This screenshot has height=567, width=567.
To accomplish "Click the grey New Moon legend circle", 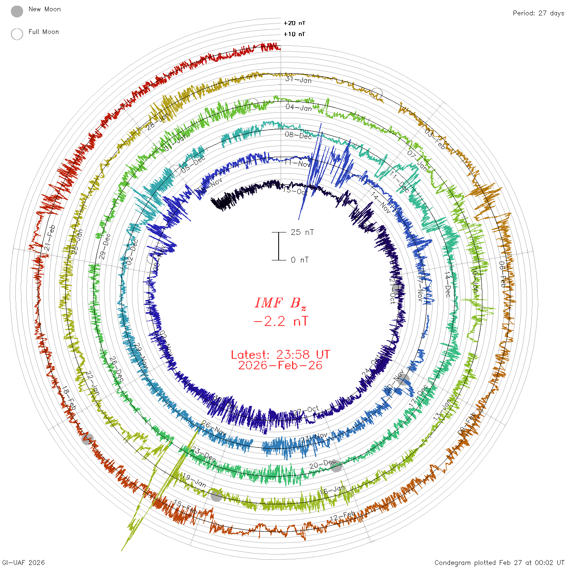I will click(17, 12).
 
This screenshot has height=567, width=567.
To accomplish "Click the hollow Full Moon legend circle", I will click(17, 34).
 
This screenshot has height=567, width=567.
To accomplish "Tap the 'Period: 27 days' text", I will click(538, 13).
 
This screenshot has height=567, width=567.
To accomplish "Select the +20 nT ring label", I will click(294, 23).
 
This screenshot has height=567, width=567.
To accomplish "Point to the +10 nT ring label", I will click(294, 34).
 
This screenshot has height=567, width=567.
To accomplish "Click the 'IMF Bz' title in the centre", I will click(280, 303).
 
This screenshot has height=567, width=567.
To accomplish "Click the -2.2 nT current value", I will click(281, 322).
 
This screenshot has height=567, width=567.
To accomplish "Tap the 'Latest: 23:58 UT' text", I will click(280, 355).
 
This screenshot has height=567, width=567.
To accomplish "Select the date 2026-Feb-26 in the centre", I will click(280, 366).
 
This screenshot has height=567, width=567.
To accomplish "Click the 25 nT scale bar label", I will click(302, 232).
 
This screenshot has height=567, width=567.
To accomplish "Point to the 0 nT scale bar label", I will click(300, 260).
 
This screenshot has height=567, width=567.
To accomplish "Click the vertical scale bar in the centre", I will click(279, 246).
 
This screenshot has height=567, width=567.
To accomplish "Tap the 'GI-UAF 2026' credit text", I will click(23, 563).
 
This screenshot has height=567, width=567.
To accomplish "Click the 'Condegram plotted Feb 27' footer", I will click(499, 563).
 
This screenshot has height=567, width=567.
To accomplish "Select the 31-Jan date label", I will click(298, 80).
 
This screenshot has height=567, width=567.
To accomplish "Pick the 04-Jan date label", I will click(298, 107).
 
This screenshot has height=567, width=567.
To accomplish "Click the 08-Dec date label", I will click(298, 135).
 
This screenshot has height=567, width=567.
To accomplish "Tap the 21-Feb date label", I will click(50, 238).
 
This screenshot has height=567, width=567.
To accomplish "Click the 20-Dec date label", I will click(323, 464).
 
